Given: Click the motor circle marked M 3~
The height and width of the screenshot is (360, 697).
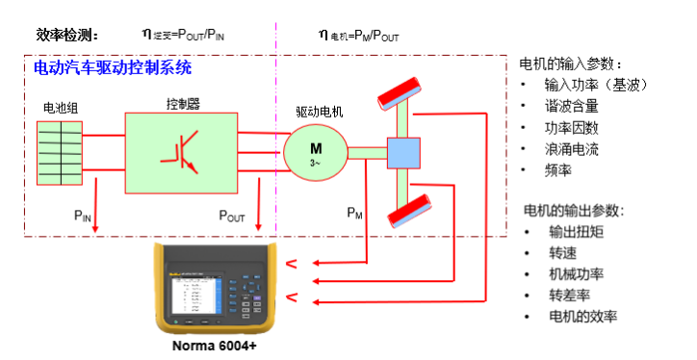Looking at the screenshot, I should (314, 152).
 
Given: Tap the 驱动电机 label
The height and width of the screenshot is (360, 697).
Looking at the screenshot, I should (319, 112).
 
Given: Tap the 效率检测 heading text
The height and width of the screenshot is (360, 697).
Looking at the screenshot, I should (68, 34).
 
